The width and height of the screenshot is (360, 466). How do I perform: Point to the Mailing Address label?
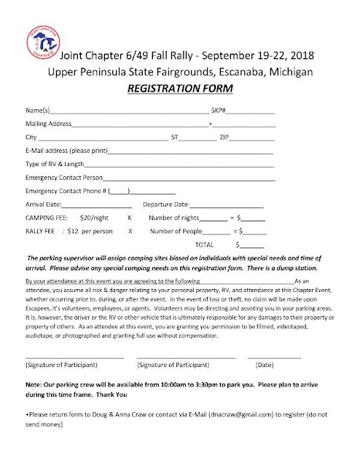[x=48, y=125]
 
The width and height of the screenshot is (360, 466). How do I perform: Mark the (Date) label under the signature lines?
[x=265, y=364]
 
